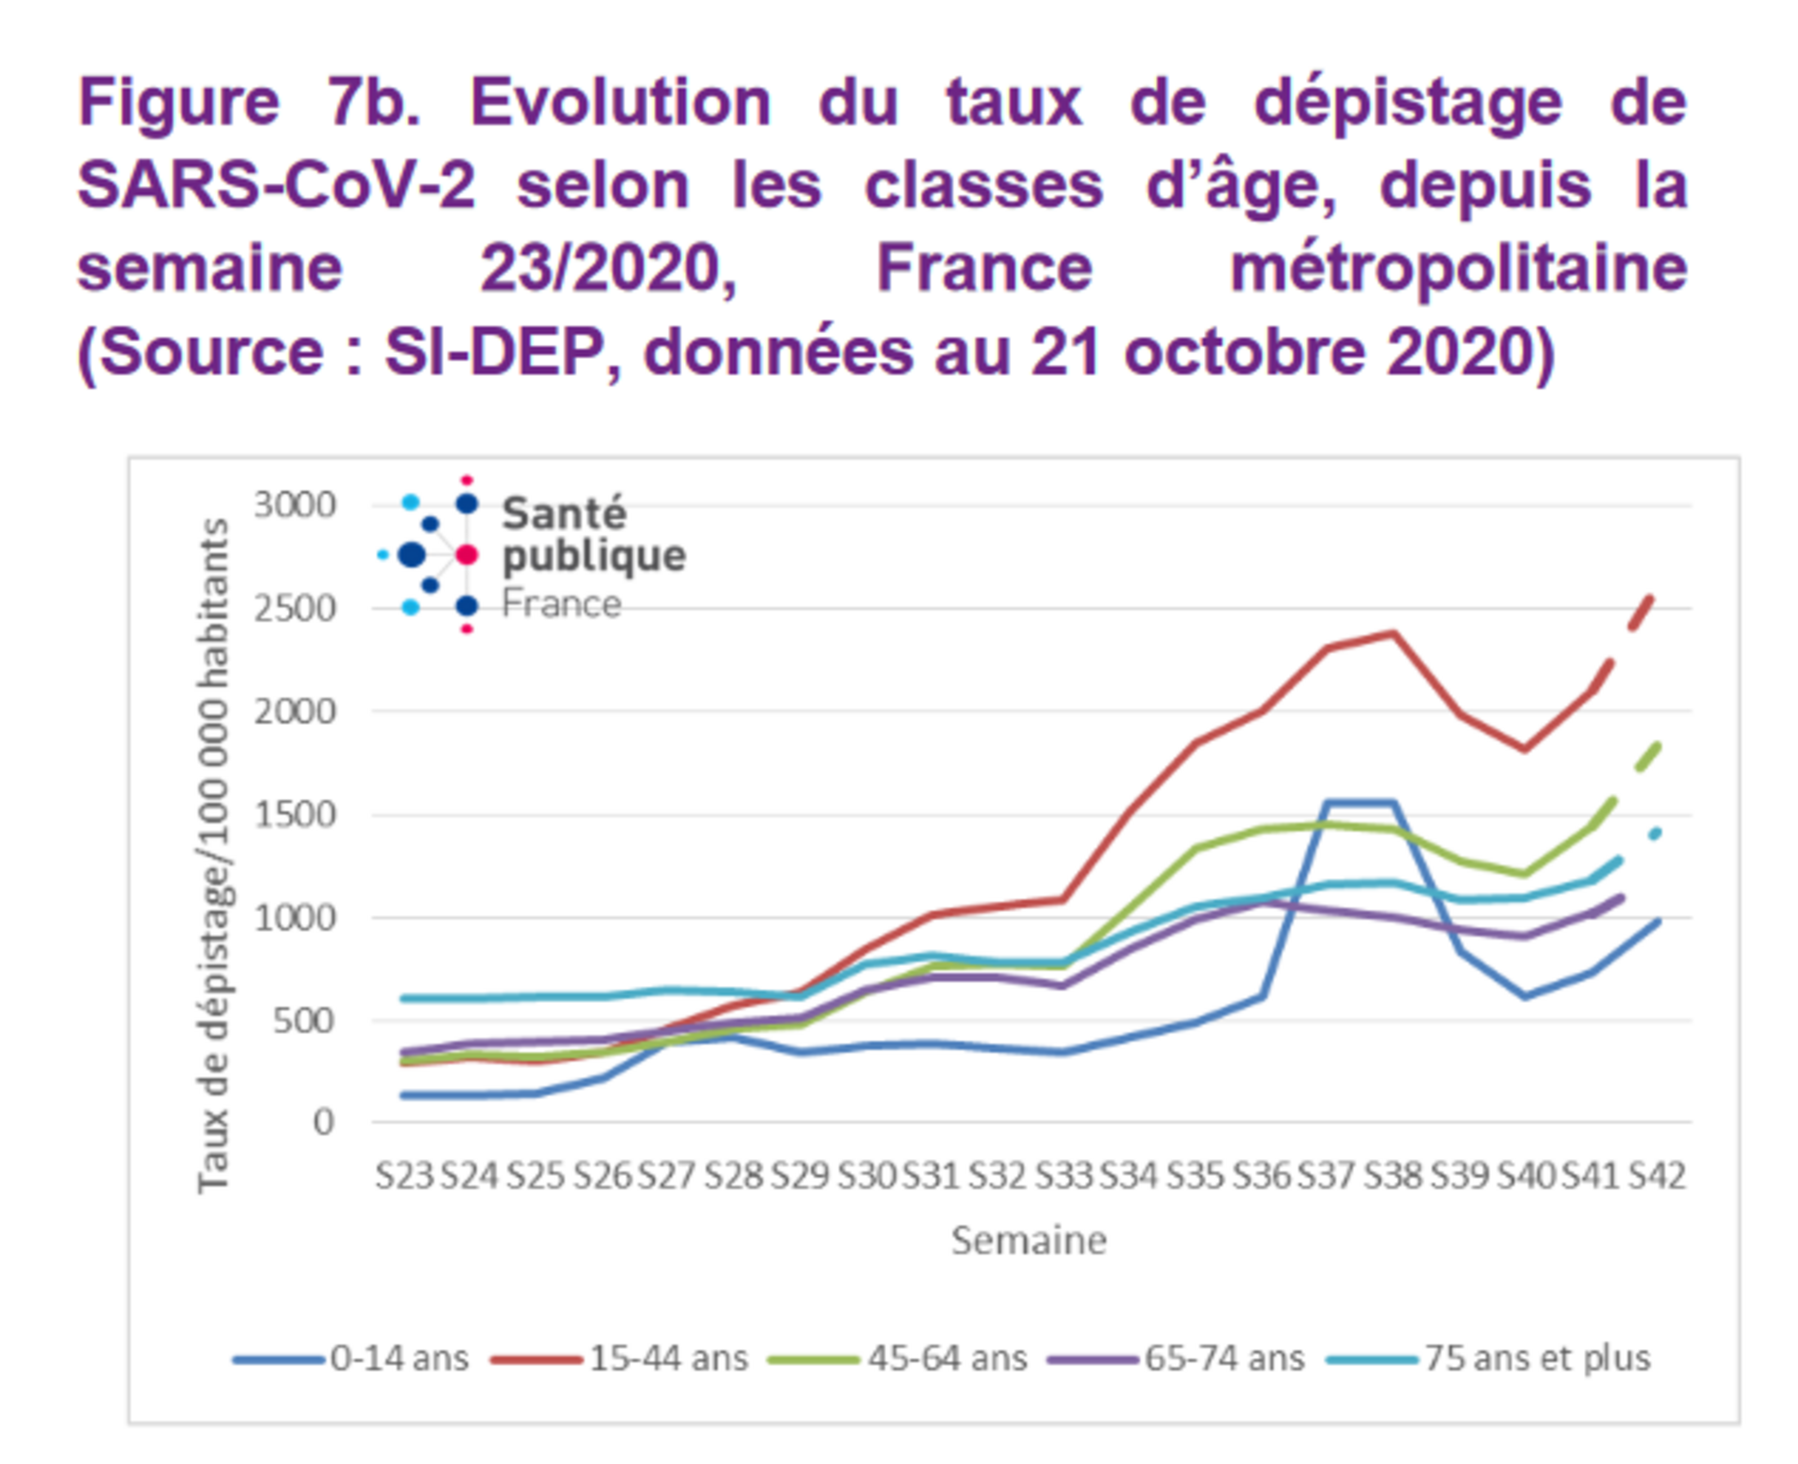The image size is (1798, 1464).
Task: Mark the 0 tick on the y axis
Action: click(323, 1122)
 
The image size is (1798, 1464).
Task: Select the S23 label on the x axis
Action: click(404, 1175)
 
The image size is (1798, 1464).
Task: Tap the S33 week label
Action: click(1063, 1175)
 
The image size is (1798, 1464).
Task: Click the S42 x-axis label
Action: click(1657, 1175)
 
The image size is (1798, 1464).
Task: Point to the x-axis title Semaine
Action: click(1028, 1241)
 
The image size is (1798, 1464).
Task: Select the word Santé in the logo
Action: click(564, 513)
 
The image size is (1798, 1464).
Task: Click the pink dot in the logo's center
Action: click(466, 555)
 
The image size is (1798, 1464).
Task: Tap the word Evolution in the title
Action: click(619, 103)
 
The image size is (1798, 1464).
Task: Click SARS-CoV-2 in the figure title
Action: click(276, 186)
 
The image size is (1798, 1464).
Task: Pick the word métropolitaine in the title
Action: click(1458, 268)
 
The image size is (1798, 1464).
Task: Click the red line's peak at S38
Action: click(1393, 634)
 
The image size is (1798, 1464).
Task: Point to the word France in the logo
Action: click(561, 605)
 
